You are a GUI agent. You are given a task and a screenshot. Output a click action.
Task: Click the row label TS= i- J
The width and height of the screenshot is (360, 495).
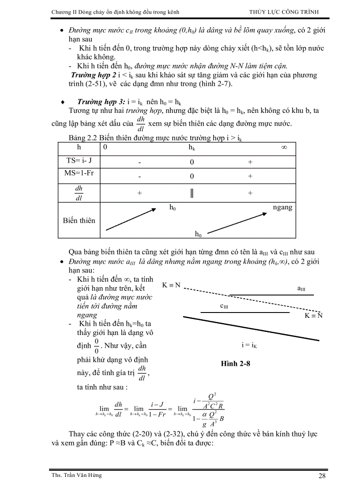point(79,161)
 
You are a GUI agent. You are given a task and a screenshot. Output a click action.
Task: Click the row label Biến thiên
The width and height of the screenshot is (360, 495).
point(79,220)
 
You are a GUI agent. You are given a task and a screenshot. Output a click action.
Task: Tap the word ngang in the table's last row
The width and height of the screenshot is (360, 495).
point(282,207)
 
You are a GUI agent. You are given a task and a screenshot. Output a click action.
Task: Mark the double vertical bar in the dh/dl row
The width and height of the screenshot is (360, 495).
point(192,193)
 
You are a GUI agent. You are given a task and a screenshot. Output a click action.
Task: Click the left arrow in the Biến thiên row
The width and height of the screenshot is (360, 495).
point(131,219)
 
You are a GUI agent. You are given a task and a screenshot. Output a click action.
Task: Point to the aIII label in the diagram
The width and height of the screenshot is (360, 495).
point(301,289)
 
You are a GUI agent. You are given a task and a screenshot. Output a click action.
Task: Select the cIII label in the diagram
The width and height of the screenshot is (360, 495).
point(224,306)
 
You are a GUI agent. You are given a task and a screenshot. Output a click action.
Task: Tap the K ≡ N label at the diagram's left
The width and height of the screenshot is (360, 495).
point(172,285)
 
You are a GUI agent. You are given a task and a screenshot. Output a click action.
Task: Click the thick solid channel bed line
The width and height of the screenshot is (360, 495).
point(251,328)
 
